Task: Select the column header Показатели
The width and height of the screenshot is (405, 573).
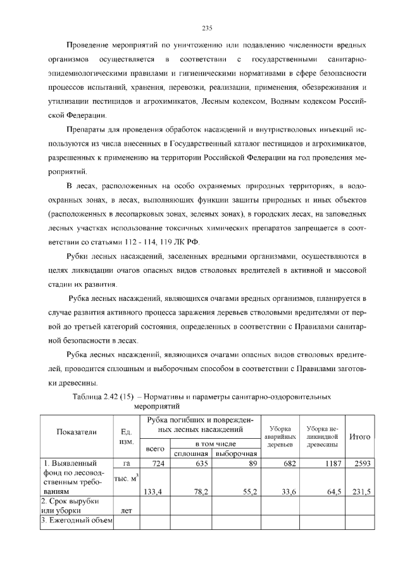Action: point(77,432)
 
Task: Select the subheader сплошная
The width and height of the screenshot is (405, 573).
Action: point(191,453)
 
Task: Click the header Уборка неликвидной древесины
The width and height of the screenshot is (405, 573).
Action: point(322,436)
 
